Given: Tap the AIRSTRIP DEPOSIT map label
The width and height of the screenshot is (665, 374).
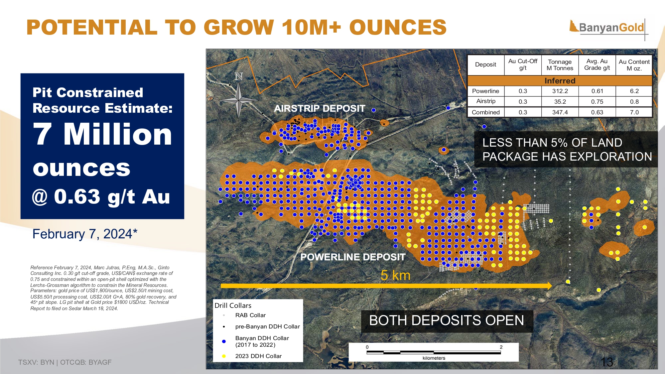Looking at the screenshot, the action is click(x=320, y=109).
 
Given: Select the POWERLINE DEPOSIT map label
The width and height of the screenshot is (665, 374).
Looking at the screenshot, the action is click(x=353, y=257).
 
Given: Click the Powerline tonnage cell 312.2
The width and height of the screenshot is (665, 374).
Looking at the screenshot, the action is click(x=560, y=91).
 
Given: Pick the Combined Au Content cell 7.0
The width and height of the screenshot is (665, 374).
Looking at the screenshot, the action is click(x=634, y=112).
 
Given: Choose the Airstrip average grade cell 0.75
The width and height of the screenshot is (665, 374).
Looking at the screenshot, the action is click(x=597, y=102).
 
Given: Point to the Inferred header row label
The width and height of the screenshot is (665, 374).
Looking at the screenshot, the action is click(x=560, y=81).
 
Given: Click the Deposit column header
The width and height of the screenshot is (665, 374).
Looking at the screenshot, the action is click(x=485, y=64).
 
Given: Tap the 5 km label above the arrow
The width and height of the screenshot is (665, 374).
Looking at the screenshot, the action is click(x=395, y=275).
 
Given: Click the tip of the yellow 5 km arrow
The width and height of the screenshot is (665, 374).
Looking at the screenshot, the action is click(x=552, y=286).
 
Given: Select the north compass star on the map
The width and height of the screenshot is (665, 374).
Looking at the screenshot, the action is click(x=239, y=99).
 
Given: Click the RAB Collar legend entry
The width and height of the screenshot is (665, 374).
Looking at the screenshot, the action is click(x=250, y=315).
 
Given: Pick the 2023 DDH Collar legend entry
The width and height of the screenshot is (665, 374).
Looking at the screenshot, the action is click(x=258, y=356).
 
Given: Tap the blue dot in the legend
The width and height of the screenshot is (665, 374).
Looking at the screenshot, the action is click(x=224, y=341).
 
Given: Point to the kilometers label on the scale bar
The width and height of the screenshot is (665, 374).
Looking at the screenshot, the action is click(x=434, y=358).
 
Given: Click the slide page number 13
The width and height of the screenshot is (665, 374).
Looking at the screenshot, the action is click(x=607, y=362).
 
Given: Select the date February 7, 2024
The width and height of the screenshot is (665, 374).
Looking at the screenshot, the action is click(x=85, y=234).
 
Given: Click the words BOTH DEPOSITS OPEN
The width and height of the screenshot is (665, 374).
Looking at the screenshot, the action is click(x=447, y=320).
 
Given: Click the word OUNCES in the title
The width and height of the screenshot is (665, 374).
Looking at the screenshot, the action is click(x=398, y=27).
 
